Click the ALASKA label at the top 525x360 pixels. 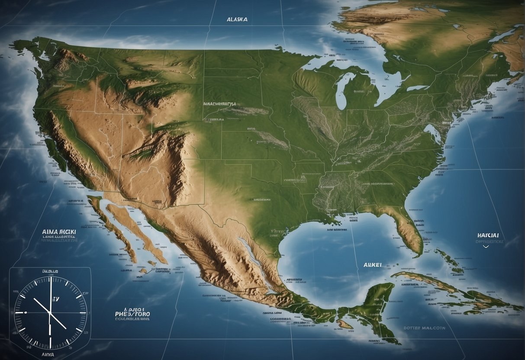point(237,19)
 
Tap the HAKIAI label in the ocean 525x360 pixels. point(488,235)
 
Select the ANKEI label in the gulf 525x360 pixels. point(372,265)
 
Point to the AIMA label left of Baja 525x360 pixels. point(59,232)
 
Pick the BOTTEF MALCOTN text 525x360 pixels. point(424,328)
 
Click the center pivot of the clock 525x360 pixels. point(50,312)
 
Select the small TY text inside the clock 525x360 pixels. point(55,299)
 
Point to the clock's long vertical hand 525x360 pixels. point(51,294)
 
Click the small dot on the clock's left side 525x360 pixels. point(26,312)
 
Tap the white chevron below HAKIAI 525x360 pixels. point(486,246)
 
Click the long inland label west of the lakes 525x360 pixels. point(220,104)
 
